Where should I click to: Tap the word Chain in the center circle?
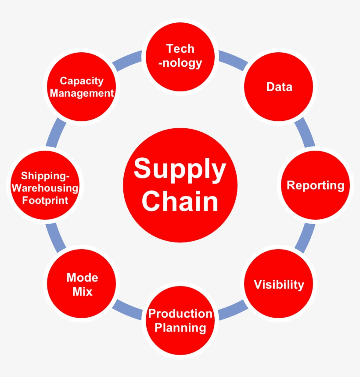pos(180,201)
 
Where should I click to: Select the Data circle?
pos(279,87)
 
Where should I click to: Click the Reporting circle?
pos(315,185)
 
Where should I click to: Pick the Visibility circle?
pos(279,284)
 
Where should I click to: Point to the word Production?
pos(180,314)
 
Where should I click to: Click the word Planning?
pos(180,327)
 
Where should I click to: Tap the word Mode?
pos(82,278)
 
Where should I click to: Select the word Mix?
pos(82,291)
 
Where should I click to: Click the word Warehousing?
pos(45,188)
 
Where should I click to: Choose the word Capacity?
pos(82,81)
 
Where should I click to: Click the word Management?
pos(82,93)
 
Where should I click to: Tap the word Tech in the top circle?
pos(180,49)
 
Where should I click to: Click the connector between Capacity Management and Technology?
pos(128,61)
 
